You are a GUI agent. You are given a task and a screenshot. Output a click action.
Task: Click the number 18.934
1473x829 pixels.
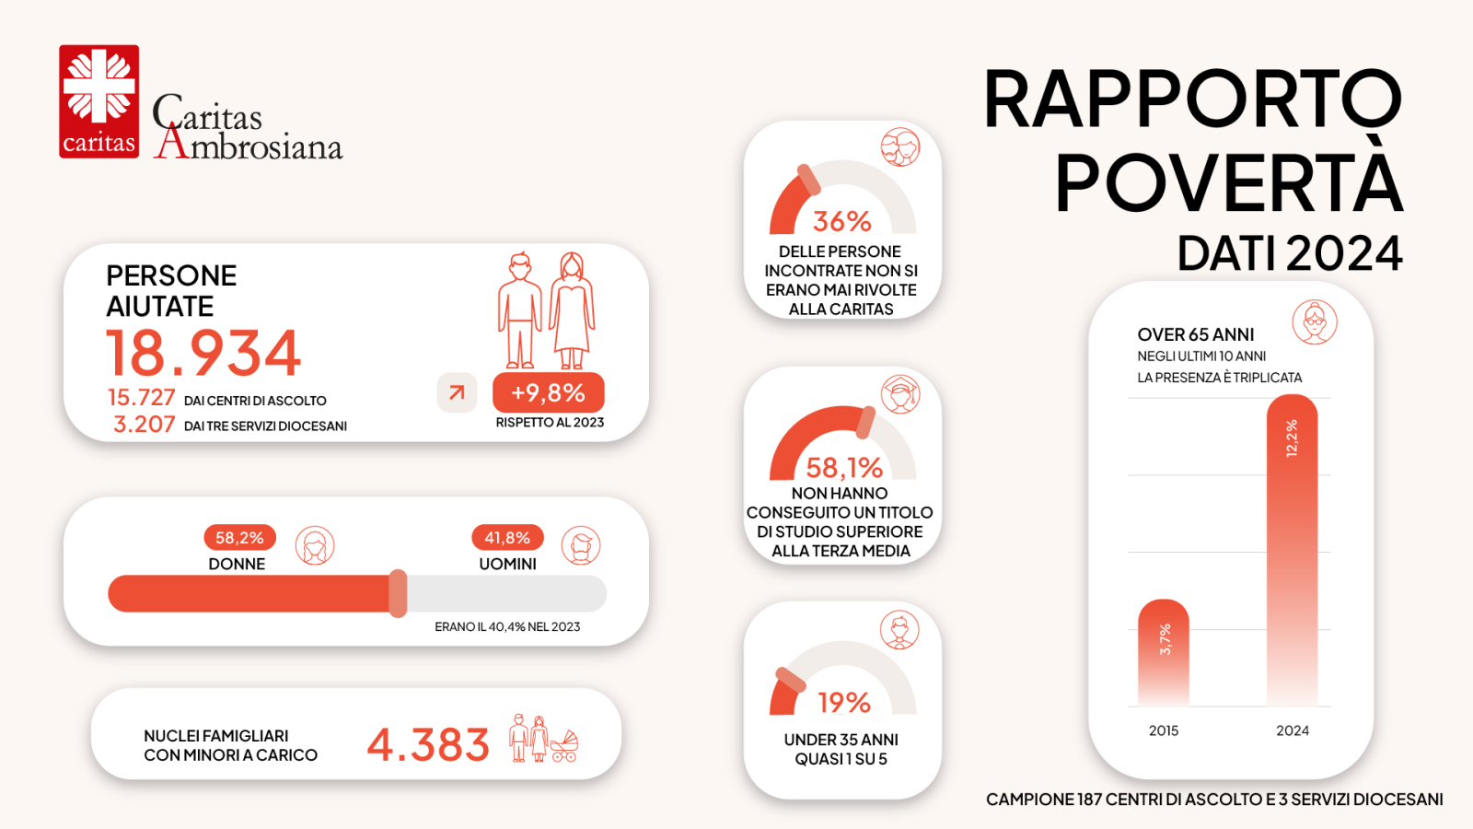[x=203, y=353]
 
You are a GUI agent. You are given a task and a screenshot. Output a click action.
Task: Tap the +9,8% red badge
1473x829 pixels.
[x=548, y=393]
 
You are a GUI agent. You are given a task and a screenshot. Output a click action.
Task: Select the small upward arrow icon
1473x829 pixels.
[x=457, y=393]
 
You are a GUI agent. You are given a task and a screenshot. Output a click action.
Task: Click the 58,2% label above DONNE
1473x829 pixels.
[x=239, y=538]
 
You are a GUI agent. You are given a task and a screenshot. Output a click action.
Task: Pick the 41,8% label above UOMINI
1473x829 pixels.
[x=507, y=538]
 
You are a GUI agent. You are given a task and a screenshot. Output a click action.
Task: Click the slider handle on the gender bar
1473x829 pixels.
[x=398, y=593]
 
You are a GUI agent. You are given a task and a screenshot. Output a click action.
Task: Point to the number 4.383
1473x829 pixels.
[x=428, y=745]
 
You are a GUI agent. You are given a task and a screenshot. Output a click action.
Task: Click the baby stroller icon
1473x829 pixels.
[x=564, y=746]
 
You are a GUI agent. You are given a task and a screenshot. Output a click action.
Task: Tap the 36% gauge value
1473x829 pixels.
[x=841, y=222]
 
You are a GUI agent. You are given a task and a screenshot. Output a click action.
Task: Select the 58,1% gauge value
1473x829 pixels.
[x=844, y=468]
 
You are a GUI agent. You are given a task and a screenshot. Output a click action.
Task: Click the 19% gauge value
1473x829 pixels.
[x=844, y=703]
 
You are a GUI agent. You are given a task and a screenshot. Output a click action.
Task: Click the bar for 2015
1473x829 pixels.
[x=1164, y=654]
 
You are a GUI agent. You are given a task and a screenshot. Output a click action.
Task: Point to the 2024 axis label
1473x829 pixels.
[x=1292, y=730]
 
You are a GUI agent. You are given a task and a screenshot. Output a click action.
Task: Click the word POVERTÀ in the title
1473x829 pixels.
[x=1228, y=182]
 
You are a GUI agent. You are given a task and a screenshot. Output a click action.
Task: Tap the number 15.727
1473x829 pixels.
[x=141, y=398]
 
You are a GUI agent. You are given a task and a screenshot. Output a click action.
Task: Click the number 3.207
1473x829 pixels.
[x=144, y=425]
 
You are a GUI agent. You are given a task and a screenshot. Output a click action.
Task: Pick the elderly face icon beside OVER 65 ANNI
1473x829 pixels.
[x=1314, y=322]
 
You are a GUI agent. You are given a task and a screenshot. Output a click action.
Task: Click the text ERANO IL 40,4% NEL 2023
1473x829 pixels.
[x=507, y=627]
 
